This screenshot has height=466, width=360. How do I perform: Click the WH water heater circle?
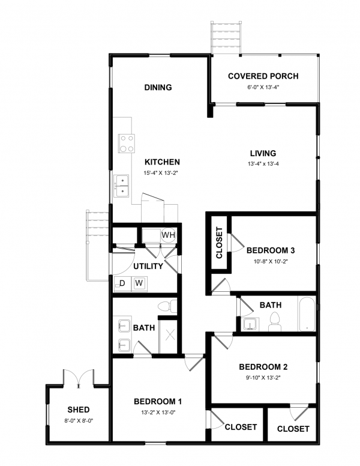tap(169, 235)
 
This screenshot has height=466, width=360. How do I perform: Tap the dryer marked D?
tap(122, 283)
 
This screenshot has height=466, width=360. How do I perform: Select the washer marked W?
tap(139, 283)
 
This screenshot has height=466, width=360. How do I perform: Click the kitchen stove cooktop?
tap(127, 144)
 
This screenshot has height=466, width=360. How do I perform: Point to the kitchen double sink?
tap(121, 186)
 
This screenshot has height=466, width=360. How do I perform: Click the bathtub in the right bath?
tap(307, 313)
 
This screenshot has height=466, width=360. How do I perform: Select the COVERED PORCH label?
tap(263, 76)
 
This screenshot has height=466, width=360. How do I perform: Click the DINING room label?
tap(158, 88)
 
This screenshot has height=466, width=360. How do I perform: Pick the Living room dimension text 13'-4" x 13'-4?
tap(263, 164)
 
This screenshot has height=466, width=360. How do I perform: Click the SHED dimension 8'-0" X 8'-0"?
tap(79, 421)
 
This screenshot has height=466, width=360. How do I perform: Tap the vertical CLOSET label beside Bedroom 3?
tap(219, 243)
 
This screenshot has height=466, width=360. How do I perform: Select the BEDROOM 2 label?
tap(263, 367)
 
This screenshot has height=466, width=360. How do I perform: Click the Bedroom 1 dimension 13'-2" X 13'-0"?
tap(158, 413)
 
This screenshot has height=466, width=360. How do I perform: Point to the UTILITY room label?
tap(148, 266)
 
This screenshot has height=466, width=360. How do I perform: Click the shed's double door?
tap(79, 378)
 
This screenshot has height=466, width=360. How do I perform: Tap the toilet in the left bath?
tap(167, 306)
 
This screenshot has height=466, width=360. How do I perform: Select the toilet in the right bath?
tap(275, 322)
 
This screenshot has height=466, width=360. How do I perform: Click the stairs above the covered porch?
tap(226, 37)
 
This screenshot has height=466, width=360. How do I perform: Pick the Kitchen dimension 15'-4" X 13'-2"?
tap(161, 173)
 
